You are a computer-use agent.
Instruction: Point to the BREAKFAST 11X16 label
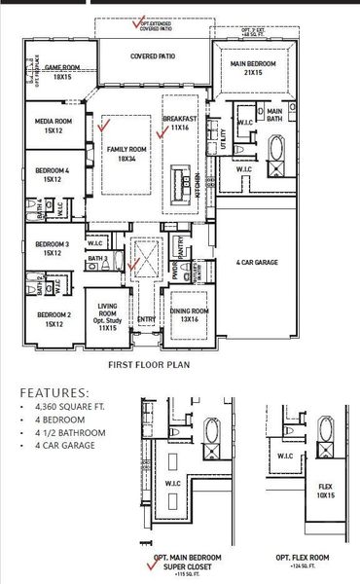click(x=180, y=123)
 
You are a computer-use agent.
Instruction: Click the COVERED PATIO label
click(x=153, y=56)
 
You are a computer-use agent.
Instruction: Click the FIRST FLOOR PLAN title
click(x=148, y=366)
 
